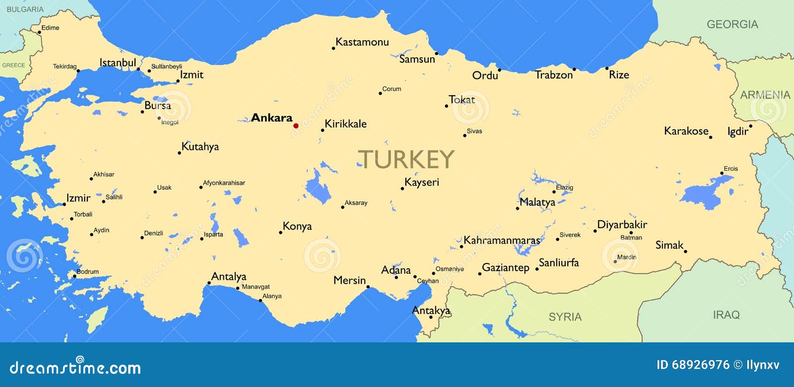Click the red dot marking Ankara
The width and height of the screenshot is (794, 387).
click(x=296, y=126)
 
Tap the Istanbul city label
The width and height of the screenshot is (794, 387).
click(x=118, y=63)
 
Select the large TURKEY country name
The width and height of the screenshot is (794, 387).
click(x=405, y=159)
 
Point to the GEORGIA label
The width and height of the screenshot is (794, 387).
click(x=732, y=24)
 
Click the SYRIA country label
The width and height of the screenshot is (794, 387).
click(x=565, y=317)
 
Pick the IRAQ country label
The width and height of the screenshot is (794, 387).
click(x=726, y=315)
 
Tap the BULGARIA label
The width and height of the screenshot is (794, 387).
click(x=25, y=9)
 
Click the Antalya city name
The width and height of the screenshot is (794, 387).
click(x=229, y=276)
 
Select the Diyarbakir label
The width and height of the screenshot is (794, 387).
click(x=622, y=225)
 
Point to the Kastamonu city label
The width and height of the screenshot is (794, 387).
click(x=362, y=42)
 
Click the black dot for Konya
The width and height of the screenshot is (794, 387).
click(x=280, y=232)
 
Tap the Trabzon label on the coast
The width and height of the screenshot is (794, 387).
click(x=554, y=75)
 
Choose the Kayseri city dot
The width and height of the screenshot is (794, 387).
click(x=402, y=189)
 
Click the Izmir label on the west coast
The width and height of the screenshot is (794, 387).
click(x=78, y=198)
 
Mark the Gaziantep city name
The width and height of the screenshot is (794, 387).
click(x=506, y=267)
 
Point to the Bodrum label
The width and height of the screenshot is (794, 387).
click(x=87, y=271)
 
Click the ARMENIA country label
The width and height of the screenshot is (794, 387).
click(x=765, y=95)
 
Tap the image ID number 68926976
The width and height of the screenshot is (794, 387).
click(x=700, y=365)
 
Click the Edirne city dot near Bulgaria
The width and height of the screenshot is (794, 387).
click(x=40, y=32)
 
